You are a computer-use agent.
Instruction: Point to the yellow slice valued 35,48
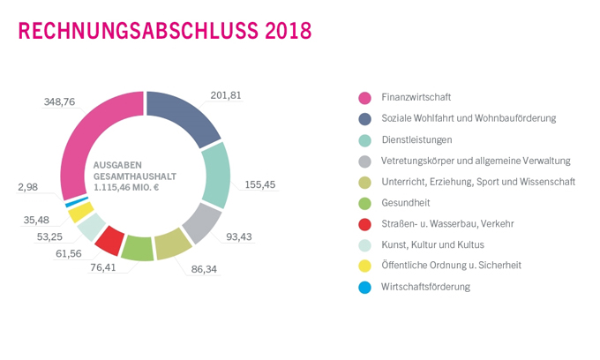[80, 213]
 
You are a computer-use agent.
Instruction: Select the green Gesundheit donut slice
[138, 248]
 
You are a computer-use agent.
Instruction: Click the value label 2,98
[28, 187]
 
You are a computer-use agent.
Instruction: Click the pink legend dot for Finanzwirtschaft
[362, 97]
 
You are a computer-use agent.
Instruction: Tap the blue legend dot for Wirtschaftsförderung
[362, 287]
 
